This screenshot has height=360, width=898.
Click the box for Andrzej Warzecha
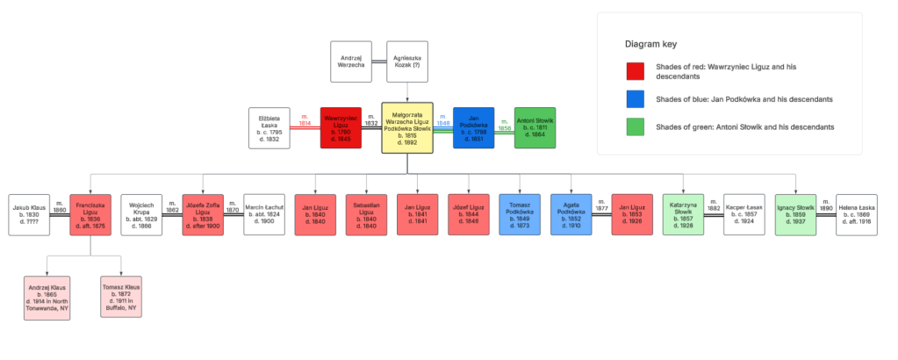pos(350,61)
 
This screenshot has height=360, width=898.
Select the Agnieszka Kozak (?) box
pos(407,61)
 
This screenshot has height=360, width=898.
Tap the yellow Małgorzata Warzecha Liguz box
pos(407,128)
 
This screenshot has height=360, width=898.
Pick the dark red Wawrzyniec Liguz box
pos(341,128)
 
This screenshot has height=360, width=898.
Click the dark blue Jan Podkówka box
pos(474,128)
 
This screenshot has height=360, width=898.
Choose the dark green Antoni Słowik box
pos(535,128)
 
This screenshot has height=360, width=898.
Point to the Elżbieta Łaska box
pos(269,128)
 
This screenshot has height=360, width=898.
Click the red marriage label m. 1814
pos(305,119)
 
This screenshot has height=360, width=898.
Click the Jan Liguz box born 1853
pos(632,215)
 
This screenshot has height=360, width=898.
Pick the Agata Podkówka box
pos(571,215)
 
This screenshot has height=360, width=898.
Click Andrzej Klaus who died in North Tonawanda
pos(47,298)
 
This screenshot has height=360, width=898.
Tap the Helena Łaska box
pos(856,215)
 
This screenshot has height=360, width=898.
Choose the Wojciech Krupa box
pos(141,215)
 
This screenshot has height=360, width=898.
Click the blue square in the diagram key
pos(636,99)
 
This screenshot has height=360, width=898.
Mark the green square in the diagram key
pos(636,128)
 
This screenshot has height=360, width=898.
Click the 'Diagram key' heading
pos(651,43)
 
